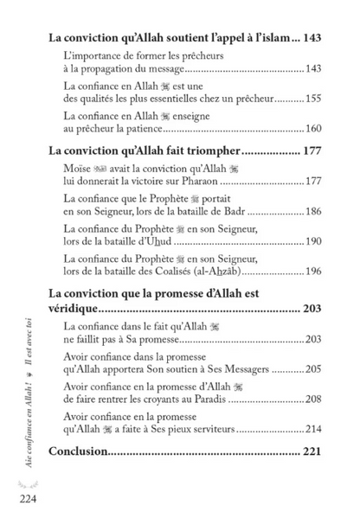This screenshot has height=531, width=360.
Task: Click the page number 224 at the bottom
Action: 23,498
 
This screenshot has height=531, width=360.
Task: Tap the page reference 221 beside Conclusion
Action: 309,451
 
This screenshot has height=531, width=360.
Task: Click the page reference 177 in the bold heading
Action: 309,153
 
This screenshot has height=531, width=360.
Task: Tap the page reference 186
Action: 312,212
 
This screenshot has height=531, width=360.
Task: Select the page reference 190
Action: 312,241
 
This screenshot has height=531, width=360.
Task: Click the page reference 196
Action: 312,271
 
